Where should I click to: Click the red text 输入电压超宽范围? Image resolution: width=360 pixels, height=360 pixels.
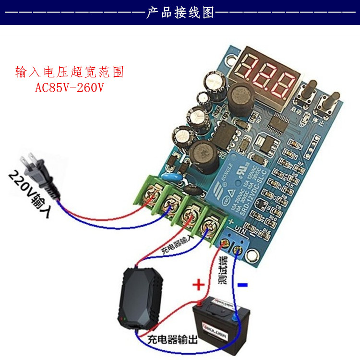(x=70, y=73)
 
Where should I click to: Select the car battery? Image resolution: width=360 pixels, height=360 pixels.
(x=216, y=322)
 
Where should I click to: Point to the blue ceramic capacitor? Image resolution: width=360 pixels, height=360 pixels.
(x=171, y=177)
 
